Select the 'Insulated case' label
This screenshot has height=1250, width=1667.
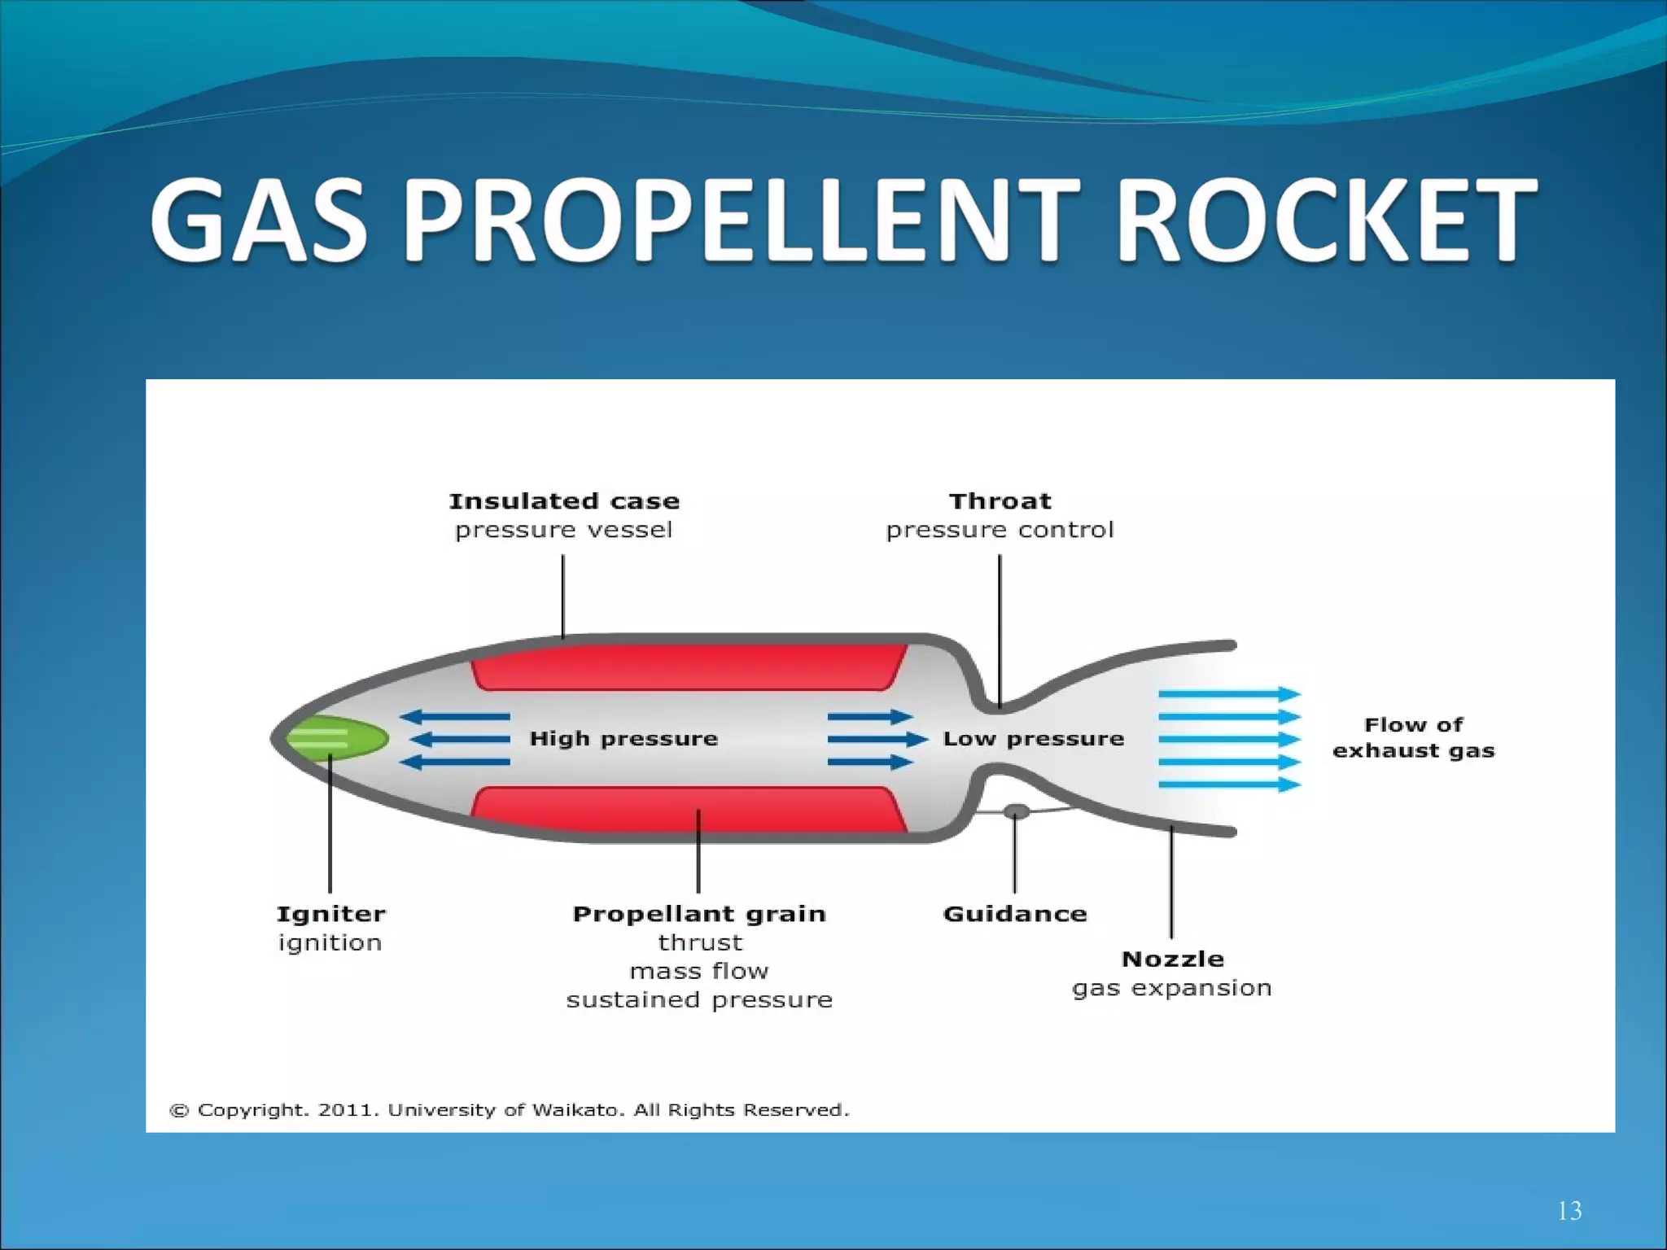coord(564,501)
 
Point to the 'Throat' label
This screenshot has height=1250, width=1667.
coord(1000,501)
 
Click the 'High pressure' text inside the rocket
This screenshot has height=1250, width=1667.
coord(623,739)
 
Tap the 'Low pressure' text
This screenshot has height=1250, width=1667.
coord(1033,739)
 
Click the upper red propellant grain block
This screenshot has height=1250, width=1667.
coord(689,667)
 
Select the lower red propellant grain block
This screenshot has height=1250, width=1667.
coord(689,810)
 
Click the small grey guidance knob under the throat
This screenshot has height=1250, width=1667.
coord(1016,811)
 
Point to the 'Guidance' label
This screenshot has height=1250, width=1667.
coord(1014,914)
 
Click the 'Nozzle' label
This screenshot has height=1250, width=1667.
coord(1172,959)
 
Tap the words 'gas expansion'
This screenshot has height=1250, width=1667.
coord(1171,988)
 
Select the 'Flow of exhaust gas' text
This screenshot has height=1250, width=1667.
coord(1413,737)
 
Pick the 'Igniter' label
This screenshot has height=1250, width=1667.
coord(330,914)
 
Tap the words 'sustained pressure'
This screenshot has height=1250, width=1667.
coord(699,1000)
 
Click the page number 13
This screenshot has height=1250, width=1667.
coord(1569,1211)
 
